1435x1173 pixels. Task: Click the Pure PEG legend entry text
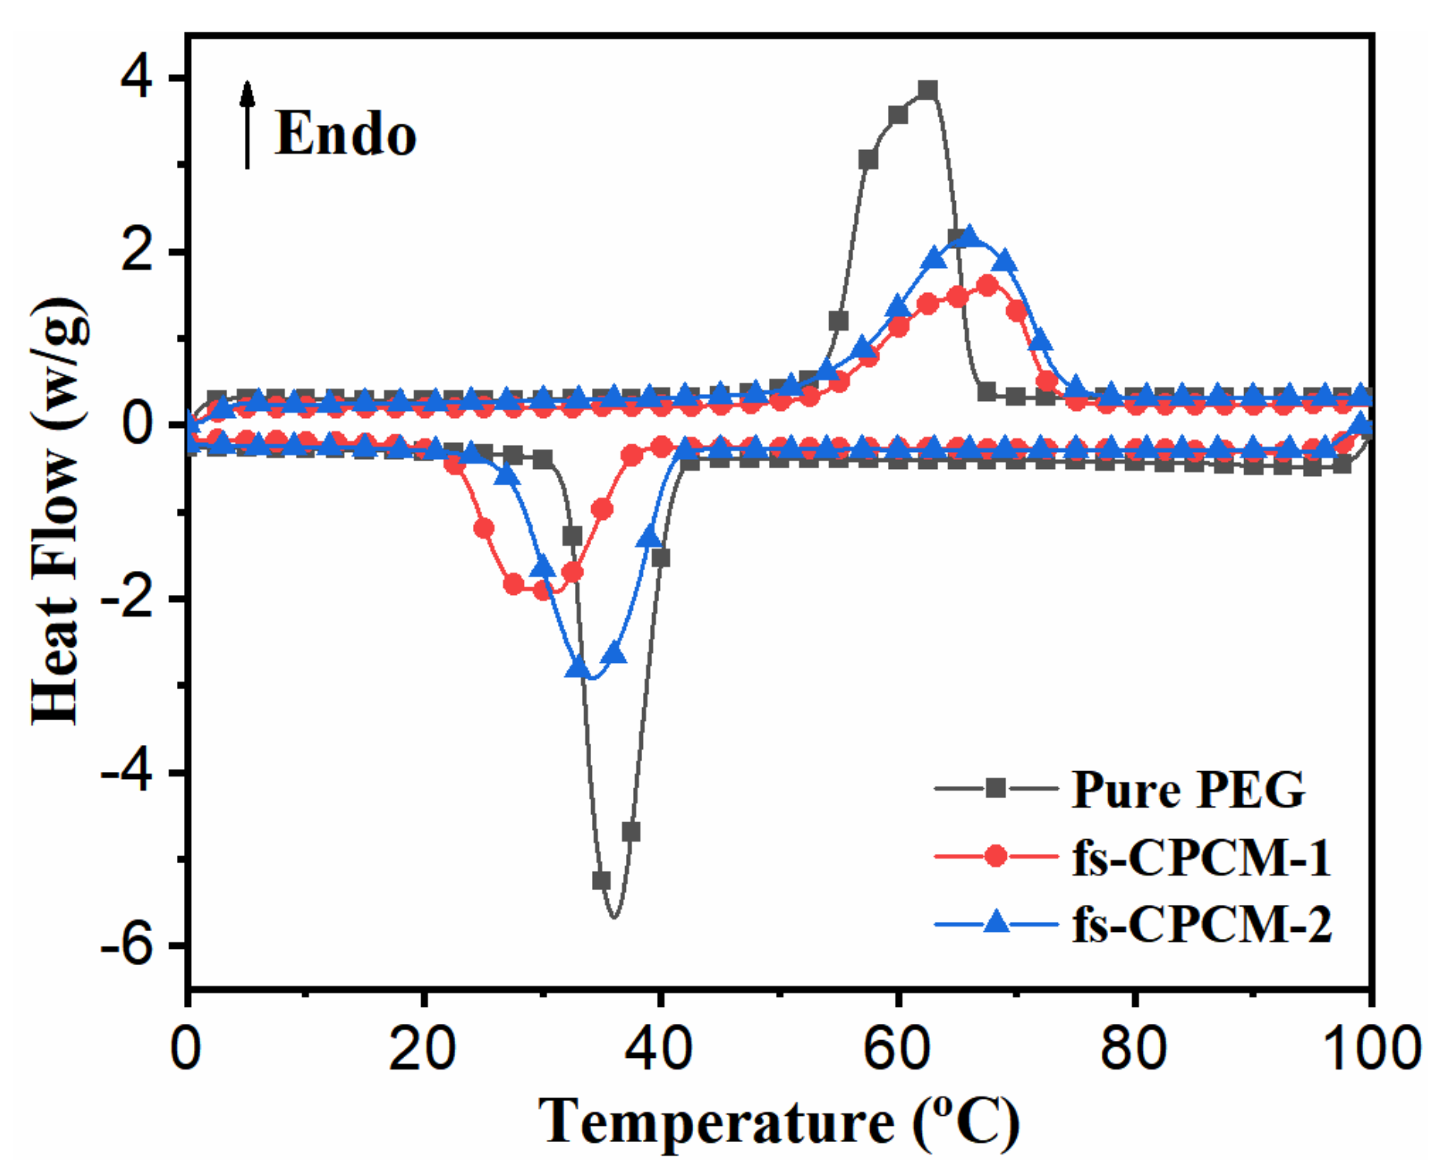tap(1188, 790)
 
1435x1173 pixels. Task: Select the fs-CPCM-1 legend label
tap(1201, 857)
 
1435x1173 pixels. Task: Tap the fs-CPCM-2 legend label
tap(1201, 923)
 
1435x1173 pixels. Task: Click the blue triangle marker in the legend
tap(996, 922)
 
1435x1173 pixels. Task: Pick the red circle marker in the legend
tap(996, 856)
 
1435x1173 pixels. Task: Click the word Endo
tap(345, 135)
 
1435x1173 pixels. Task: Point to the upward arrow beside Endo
tap(247, 124)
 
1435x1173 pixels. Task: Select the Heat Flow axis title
tap(57, 510)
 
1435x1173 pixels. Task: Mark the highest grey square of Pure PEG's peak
tap(927, 90)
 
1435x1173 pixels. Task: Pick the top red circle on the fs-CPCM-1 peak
tap(987, 285)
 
